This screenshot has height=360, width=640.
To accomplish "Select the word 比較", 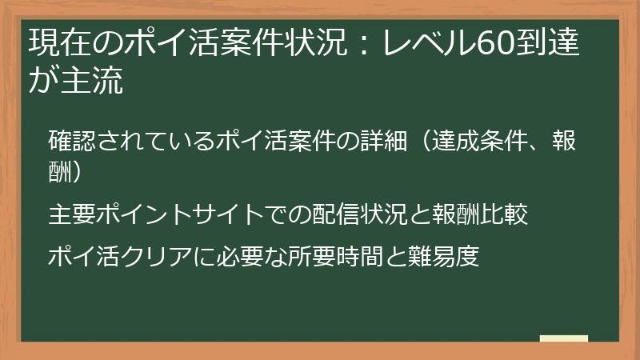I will [504, 214].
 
